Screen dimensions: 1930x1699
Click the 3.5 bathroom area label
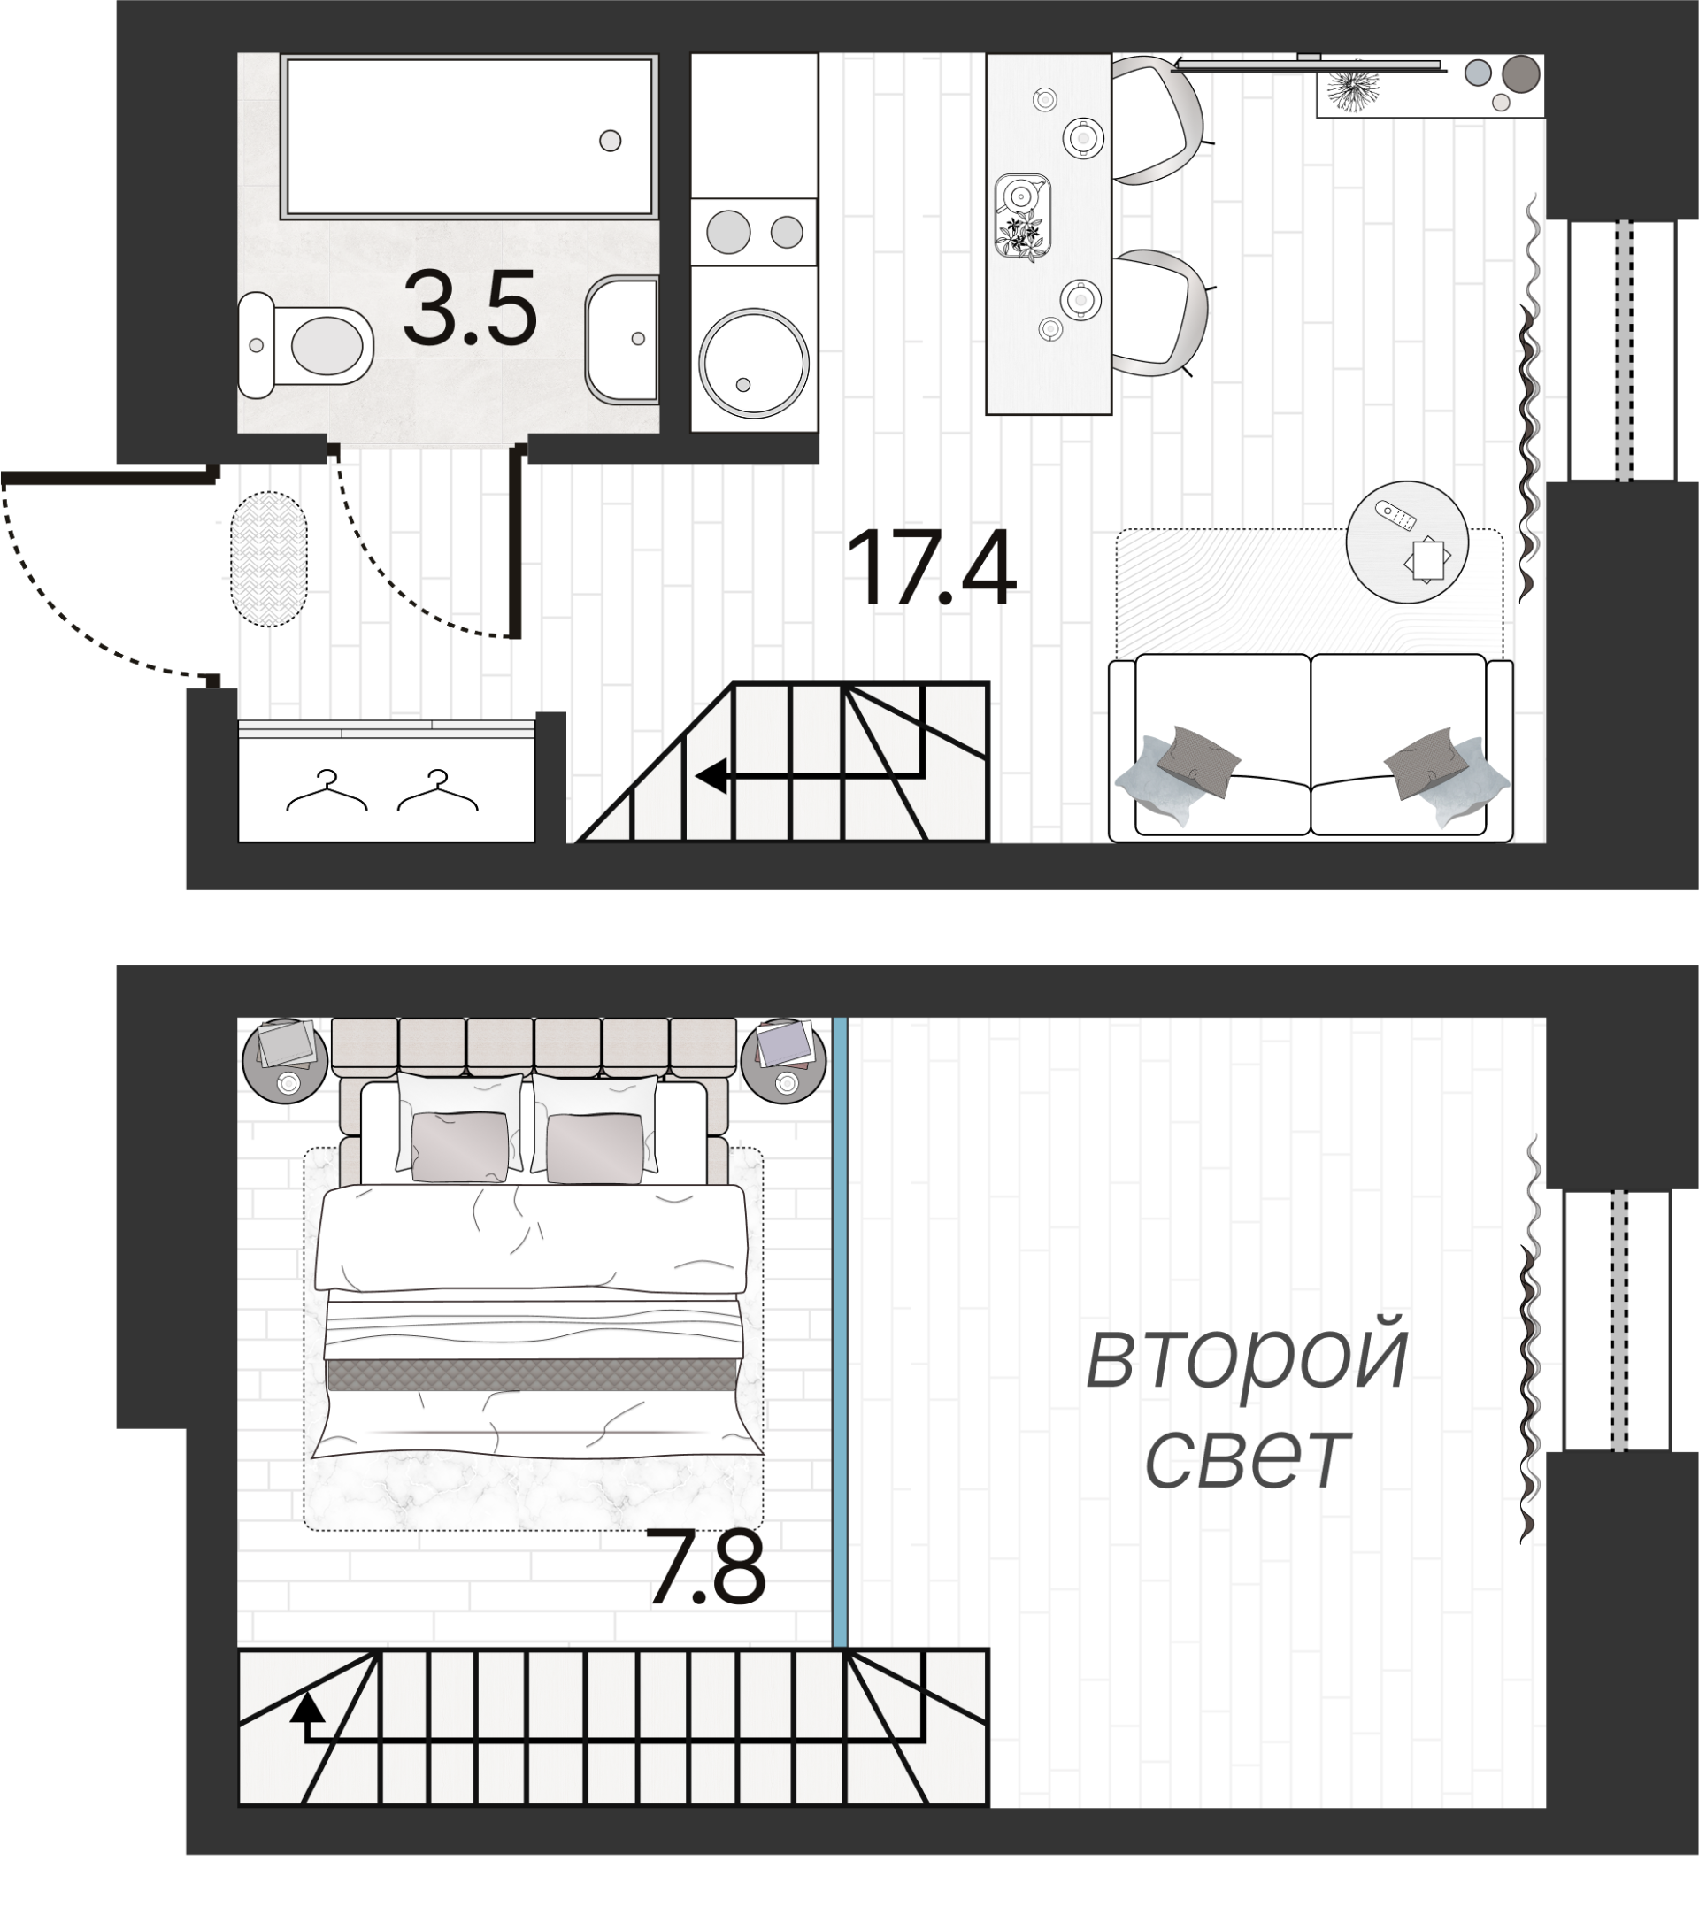[x=469, y=308]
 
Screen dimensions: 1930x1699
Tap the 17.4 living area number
[x=931, y=569]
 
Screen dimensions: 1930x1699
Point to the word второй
[x=1247, y=1361]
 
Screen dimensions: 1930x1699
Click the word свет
[x=1247, y=1459]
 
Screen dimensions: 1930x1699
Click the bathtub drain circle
[x=610, y=141]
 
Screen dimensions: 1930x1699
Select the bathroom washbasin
[x=621, y=339]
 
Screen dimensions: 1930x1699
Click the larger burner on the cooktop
[x=728, y=231]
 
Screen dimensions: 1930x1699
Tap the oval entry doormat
[x=269, y=559]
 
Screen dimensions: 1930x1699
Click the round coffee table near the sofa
[x=1406, y=542]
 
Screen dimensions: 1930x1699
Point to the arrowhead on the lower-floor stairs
[x=711, y=776]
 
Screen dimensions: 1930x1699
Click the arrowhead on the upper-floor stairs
[x=304, y=1705]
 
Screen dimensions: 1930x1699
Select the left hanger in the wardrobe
[x=327, y=791]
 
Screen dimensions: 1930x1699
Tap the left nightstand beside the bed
[x=284, y=1059]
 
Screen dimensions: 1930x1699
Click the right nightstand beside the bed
[x=783, y=1059]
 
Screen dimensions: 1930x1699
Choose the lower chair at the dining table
[x=1160, y=311]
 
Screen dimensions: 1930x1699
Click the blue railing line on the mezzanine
[x=840, y=1333]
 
